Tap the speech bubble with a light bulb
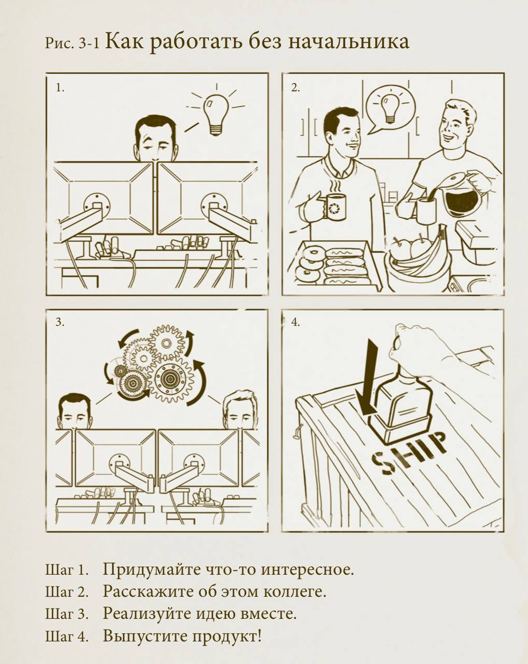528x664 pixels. (390, 110)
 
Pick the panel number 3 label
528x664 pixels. (60, 323)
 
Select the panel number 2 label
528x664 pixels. (295, 89)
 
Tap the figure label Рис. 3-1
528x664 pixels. (73, 44)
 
